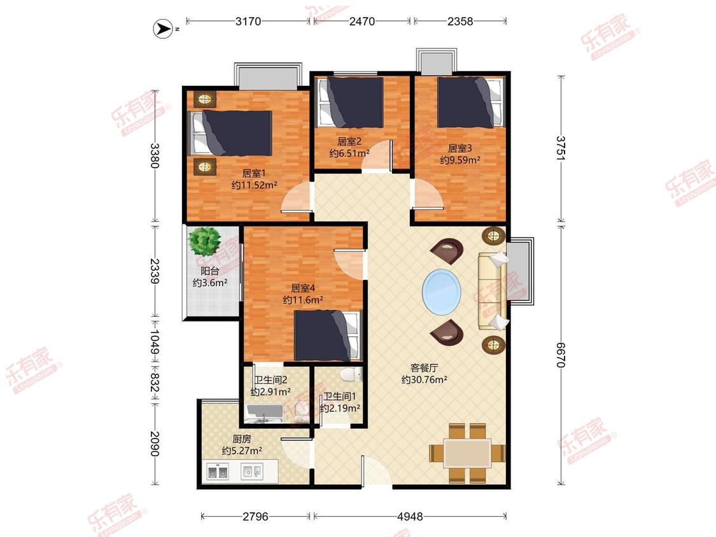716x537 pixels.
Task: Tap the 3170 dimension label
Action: tap(248, 21)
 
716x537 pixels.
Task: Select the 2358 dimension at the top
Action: tap(460, 21)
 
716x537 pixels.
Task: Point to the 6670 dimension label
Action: tap(561, 354)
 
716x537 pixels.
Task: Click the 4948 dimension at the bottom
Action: tap(410, 517)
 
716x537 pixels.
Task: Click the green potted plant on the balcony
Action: tap(204, 241)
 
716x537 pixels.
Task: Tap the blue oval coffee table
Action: tap(442, 292)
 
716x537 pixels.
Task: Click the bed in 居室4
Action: tap(328, 335)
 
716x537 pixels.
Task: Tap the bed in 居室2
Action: tap(351, 102)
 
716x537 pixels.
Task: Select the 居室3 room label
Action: tap(460, 148)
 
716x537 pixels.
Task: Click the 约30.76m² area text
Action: tap(425, 379)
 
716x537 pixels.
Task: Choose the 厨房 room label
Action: tap(242, 439)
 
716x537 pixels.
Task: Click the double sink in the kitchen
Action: tap(218, 471)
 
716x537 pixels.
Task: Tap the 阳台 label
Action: tap(210, 270)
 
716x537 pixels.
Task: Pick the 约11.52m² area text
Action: tap(255, 185)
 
